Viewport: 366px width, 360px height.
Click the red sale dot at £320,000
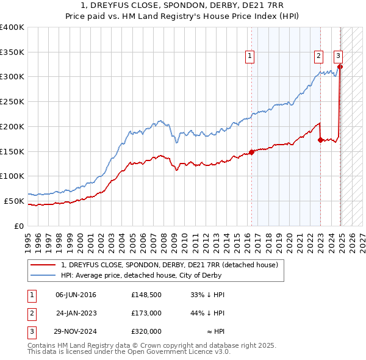[340, 67]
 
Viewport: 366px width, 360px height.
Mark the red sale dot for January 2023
[320, 140]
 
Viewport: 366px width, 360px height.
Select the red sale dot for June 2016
[251, 152]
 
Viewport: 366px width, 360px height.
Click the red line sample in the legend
[43, 265]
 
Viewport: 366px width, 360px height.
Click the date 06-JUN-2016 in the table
[76, 295]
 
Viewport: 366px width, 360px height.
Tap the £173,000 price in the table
[146, 313]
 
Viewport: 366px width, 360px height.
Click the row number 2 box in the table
[31, 313]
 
